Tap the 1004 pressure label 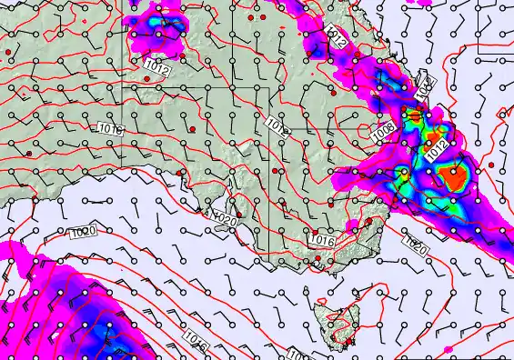[424, 87]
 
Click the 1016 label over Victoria [324, 239]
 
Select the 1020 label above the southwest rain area [82, 234]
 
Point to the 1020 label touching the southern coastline [224, 217]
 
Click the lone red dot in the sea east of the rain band [491, 164]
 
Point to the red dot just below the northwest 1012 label [146, 79]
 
